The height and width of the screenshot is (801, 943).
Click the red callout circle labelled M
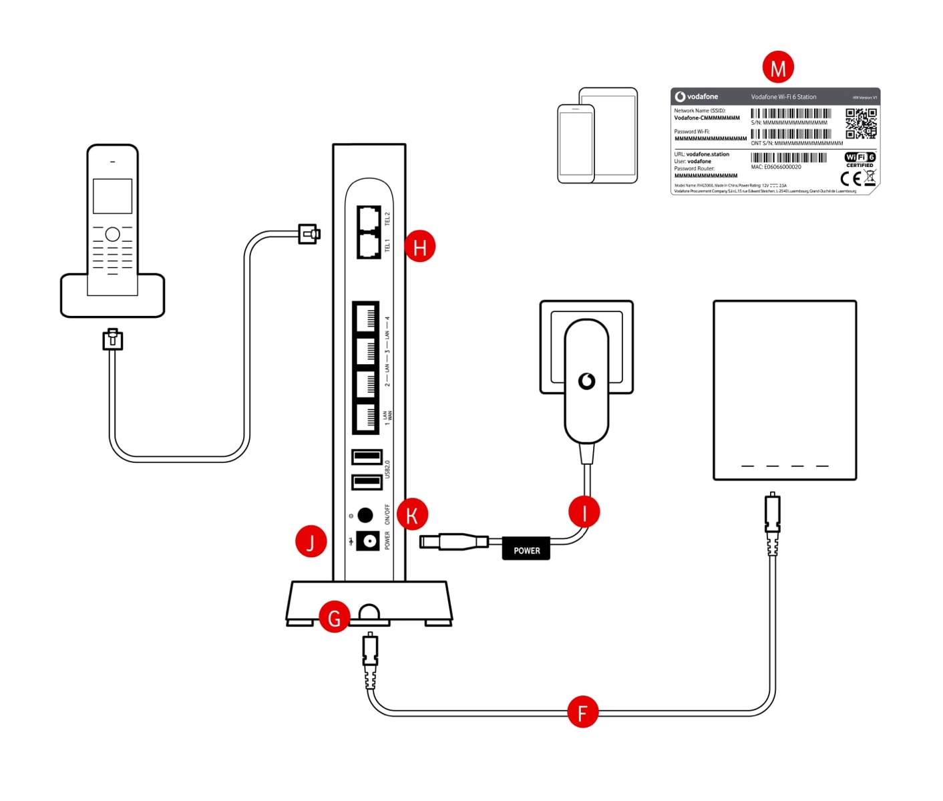tap(778, 67)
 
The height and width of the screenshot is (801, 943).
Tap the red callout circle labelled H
tap(420, 247)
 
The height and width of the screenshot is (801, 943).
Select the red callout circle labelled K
tap(412, 515)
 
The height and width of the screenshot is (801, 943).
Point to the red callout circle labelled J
tap(311, 542)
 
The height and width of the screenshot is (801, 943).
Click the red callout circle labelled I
tap(584, 512)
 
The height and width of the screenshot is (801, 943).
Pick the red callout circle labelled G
tap(335, 617)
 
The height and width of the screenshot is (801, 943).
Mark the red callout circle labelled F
tap(582, 712)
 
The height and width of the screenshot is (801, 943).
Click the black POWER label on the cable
tap(526, 550)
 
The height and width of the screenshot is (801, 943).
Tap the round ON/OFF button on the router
tap(365, 515)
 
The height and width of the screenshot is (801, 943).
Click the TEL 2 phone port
tap(369, 218)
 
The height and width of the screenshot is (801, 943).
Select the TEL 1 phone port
tap(369, 245)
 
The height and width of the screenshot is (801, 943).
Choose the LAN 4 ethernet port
tap(366, 317)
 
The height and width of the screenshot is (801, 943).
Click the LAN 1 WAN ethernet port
tap(366, 418)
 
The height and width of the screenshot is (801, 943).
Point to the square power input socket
tap(367, 540)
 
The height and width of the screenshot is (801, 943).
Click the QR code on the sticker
tap(861, 124)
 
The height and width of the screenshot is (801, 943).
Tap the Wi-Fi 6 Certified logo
tap(860, 159)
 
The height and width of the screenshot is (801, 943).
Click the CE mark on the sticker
tap(850, 178)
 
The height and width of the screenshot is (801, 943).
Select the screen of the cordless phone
tap(112, 196)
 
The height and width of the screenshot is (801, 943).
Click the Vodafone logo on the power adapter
tap(586, 381)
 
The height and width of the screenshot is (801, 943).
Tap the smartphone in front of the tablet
tap(576, 144)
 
